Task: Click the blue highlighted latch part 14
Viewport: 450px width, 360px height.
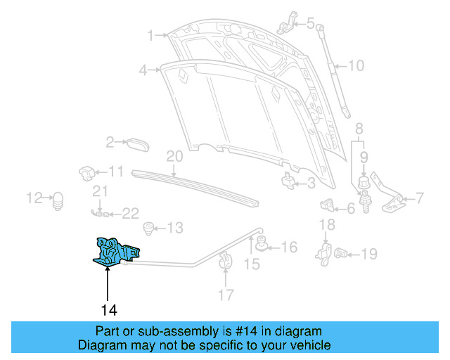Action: (116, 252)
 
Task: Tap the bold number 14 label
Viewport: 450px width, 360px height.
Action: (108, 309)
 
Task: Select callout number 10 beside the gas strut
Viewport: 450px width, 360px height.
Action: (356, 67)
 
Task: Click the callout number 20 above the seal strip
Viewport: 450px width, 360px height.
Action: (174, 156)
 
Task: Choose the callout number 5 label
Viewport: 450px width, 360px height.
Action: (311, 23)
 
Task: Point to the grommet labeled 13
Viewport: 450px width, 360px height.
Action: (148, 228)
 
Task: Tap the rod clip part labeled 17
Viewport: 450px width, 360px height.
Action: (225, 262)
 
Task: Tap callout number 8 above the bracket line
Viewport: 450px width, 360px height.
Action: (359, 129)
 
